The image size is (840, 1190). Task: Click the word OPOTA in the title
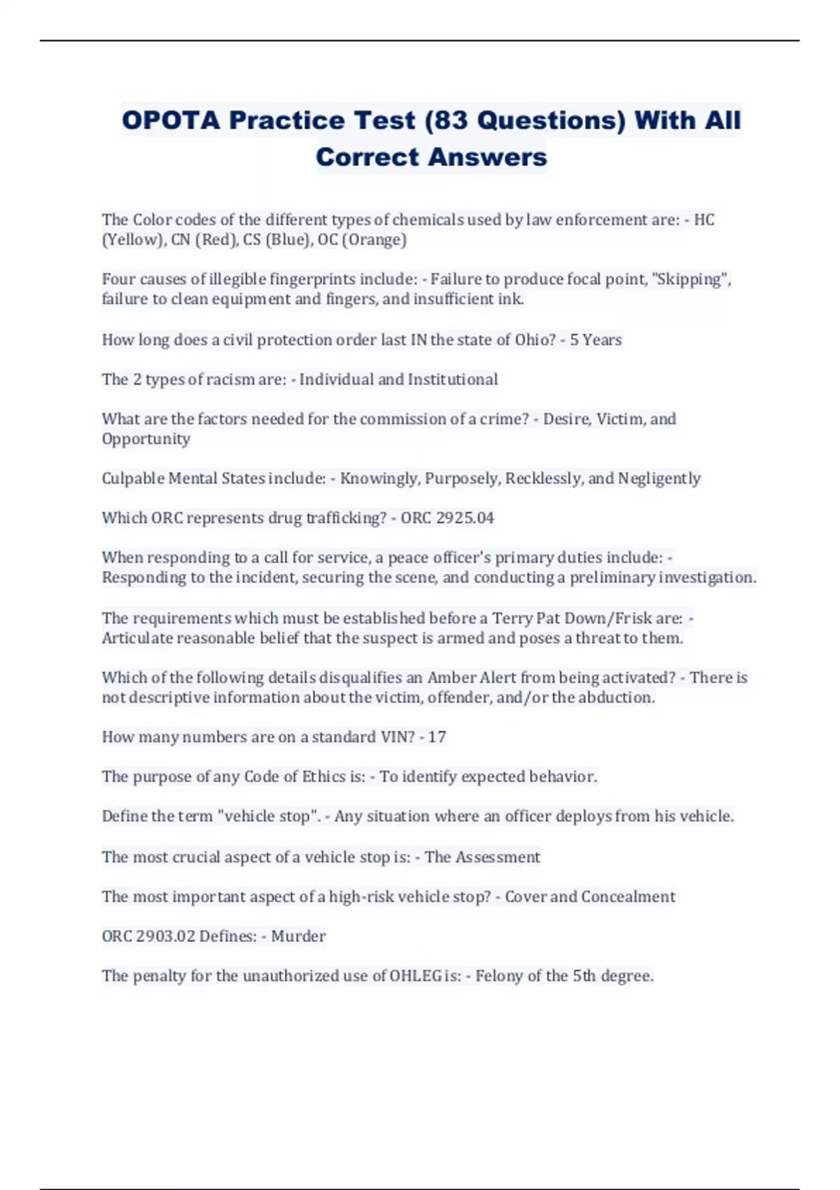pos(171,120)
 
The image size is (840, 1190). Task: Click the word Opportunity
pos(146,439)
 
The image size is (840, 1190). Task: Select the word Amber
pos(451,678)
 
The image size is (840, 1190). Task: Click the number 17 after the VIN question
pos(437,737)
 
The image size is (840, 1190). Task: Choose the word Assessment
pos(498,857)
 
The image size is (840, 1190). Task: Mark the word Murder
pos(298,936)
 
